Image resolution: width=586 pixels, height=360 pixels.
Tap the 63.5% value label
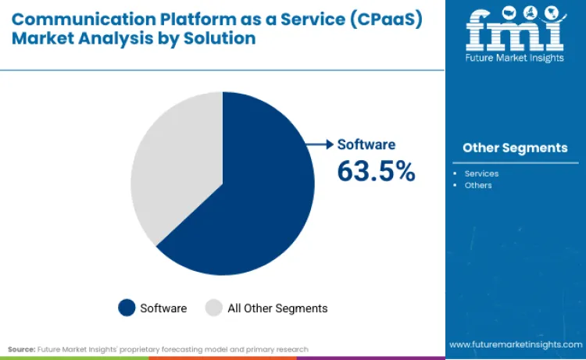click(x=376, y=171)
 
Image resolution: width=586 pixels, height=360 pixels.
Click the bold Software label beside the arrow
click(x=366, y=144)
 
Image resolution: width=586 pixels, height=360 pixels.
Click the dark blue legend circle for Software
click(x=127, y=308)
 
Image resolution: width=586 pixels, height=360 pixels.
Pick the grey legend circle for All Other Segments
click(x=213, y=308)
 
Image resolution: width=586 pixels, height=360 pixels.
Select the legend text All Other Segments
click(x=277, y=308)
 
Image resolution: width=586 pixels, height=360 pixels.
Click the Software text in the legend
click(x=163, y=308)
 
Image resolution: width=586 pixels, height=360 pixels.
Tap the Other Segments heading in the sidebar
click(x=515, y=148)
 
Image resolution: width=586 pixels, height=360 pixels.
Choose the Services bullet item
click(x=481, y=173)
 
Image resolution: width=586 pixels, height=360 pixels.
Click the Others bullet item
click(x=478, y=185)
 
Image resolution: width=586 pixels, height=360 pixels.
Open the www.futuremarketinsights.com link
click(x=515, y=344)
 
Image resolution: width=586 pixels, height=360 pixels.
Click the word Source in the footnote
click(x=21, y=349)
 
